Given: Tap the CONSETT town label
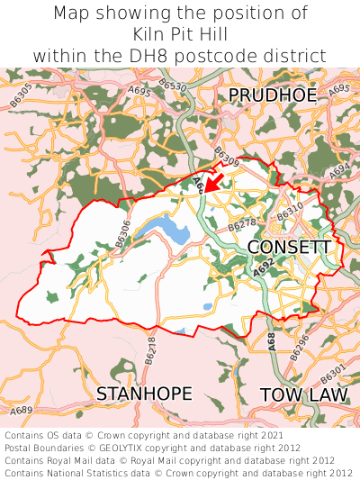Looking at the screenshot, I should (x=289, y=247).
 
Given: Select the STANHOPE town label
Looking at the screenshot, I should (x=144, y=394).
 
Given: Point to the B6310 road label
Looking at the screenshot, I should (x=290, y=213).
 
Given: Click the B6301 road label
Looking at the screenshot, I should (x=332, y=372).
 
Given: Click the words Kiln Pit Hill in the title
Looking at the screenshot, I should (x=179, y=34).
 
